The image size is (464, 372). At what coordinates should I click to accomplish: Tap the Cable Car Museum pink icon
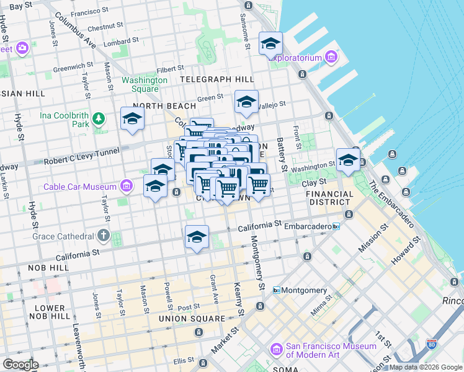pyautogui.click(x=127, y=186)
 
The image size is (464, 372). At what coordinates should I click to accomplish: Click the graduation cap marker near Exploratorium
pyautogui.click(x=270, y=43)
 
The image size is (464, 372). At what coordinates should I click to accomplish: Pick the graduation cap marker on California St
pyautogui.click(x=197, y=237)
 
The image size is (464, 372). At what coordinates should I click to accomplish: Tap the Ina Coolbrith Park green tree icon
pyautogui.click(x=98, y=118)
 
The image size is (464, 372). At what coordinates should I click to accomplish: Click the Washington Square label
pyautogui.click(x=145, y=84)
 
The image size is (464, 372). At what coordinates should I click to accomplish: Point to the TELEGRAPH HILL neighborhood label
pyautogui.click(x=217, y=79)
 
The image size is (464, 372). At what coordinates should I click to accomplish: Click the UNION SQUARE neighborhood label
pyautogui.click(x=191, y=319)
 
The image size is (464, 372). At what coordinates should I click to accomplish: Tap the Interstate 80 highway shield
pyautogui.click(x=431, y=344)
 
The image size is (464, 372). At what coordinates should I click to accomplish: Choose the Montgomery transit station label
pyautogui.click(x=304, y=290)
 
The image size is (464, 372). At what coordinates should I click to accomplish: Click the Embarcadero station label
pyautogui.click(x=309, y=227)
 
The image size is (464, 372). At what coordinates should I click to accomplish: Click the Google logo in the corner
pyautogui.click(x=20, y=365)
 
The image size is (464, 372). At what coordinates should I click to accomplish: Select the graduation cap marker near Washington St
pyautogui.click(x=348, y=160)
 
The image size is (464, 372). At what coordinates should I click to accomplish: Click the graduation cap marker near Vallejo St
pyautogui.click(x=246, y=102)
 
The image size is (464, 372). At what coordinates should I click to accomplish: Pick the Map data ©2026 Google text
pyautogui.click(x=425, y=367)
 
